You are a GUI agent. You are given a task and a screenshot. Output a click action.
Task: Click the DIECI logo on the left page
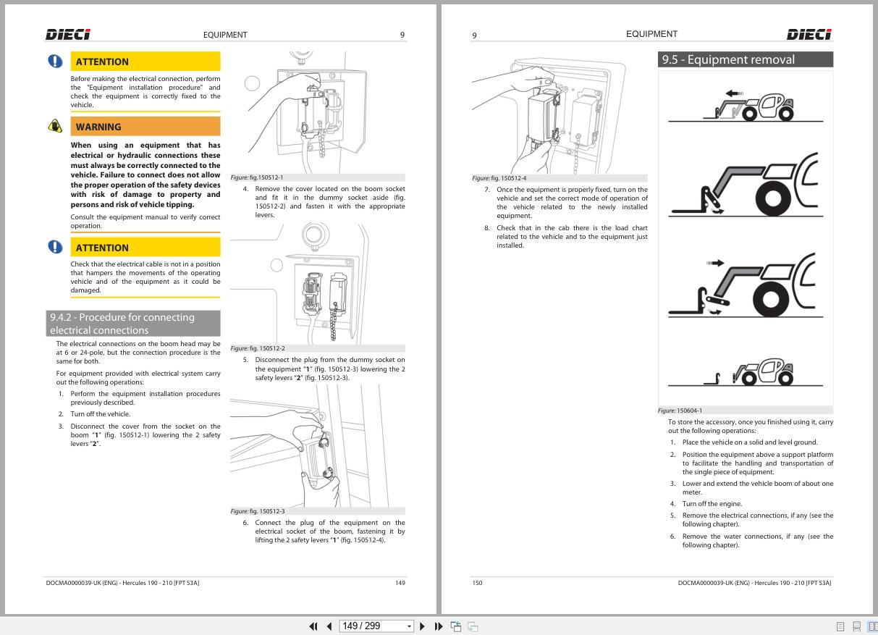tap(68, 34)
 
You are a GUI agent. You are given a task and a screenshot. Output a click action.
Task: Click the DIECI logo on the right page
tap(809, 34)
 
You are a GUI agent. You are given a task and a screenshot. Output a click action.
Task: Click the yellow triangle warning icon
tap(55, 126)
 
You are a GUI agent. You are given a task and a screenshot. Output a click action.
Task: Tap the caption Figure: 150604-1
tap(680, 411)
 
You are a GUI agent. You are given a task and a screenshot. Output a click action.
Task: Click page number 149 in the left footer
tap(400, 583)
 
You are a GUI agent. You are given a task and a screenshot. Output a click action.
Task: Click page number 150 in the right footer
tap(477, 583)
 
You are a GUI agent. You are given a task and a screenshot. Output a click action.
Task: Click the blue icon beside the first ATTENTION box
tap(55, 62)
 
